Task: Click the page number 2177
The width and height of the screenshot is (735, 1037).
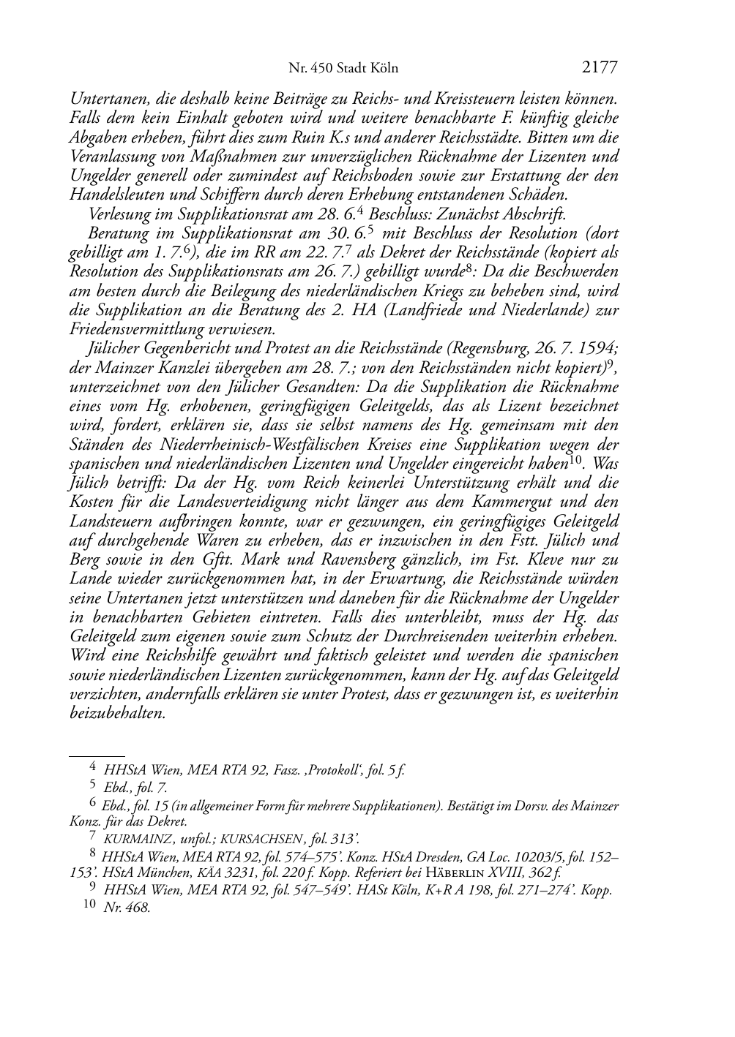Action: (600, 68)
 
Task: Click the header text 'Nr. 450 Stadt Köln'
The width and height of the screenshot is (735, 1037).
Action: (343, 69)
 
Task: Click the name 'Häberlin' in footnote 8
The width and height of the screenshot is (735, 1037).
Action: (455, 872)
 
